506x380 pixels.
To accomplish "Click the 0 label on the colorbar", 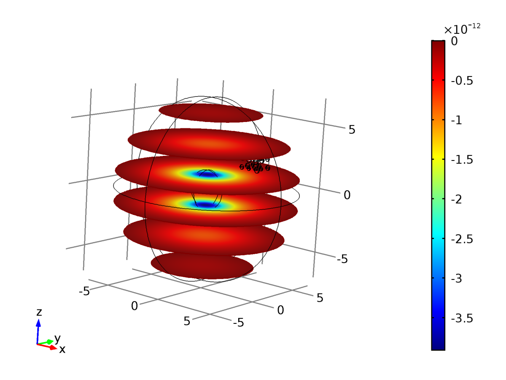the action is point(454,41).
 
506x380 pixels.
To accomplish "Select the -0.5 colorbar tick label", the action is point(462,81).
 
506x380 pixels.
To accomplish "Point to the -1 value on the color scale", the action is point(456,120).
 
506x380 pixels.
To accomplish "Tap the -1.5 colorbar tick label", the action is point(462,160).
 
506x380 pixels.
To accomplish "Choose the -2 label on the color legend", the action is point(456,200).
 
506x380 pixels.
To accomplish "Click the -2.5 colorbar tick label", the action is point(462,239).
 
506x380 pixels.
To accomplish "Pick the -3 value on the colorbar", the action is point(456,279).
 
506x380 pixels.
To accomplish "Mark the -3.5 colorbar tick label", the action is point(462,318).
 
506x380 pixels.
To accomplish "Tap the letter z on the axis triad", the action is point(39,312).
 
